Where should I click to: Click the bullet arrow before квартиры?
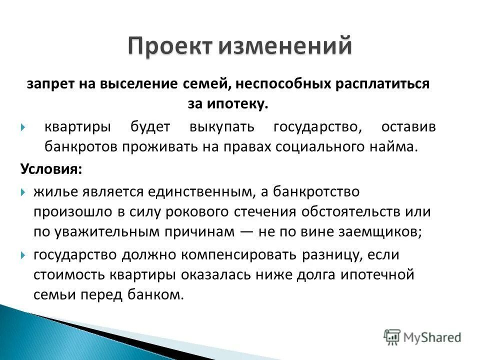tap(23, 127)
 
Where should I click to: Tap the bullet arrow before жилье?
tap(23, 191)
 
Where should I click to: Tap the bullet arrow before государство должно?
tap(23, 255)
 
